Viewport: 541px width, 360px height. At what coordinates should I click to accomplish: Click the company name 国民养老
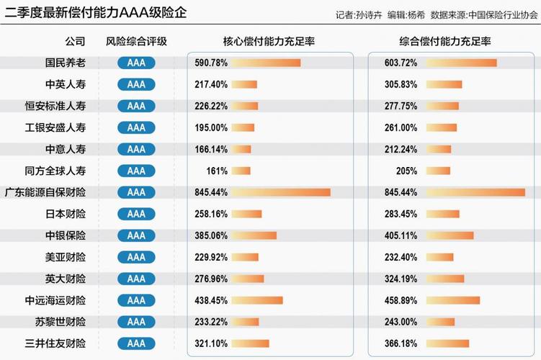(65, 63)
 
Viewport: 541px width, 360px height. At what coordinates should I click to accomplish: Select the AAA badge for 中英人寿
(136, 85)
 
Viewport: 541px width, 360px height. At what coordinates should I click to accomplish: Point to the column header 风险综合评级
(136, 42)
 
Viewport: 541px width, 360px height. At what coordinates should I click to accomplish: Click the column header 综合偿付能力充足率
(445, 42)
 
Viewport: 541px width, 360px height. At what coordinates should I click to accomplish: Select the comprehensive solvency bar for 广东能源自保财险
(475, 193)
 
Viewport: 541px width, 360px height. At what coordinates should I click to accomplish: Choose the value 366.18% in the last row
(401, 343)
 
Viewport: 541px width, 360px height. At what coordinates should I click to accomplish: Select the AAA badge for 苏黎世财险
(136, 322)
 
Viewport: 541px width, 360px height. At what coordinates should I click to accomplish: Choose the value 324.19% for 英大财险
(401, 279)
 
